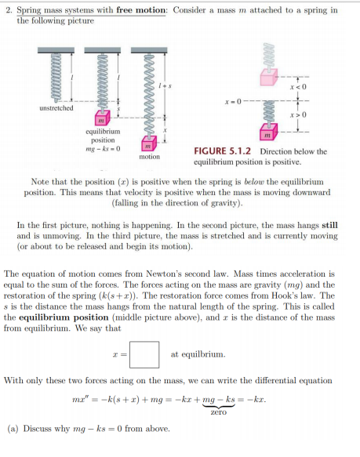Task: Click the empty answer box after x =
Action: coord(144,354)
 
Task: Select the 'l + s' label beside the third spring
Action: coord(164,84)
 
